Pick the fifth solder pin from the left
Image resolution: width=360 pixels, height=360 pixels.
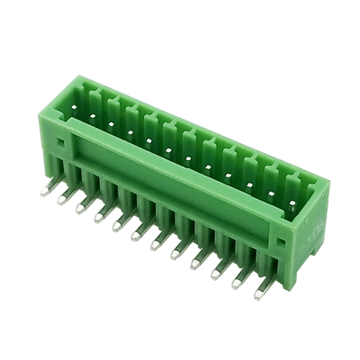(x=118, y=226)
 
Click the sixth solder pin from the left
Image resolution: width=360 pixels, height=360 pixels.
(x=137, y=237)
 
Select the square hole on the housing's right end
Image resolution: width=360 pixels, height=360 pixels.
(x=281, y=242)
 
